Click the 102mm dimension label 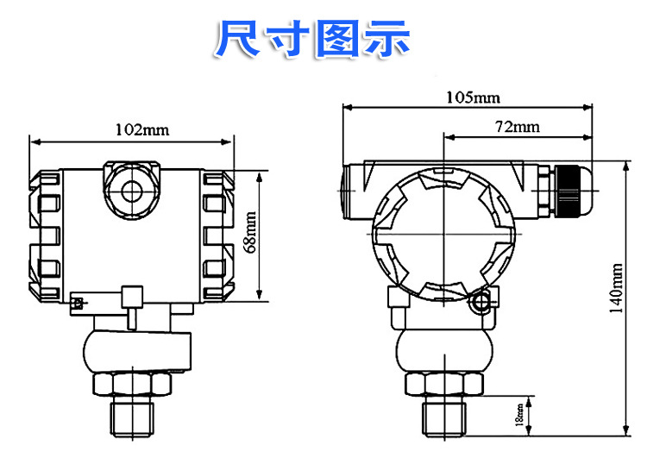[x=142, y=130]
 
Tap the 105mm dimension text [x=472, y=97]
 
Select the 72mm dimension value [x=517, y=127]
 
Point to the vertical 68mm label [x=251, y=234]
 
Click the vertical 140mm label [x=614, y=291]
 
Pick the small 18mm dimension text [x=518, y=415]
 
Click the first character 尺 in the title [x=239, y=40]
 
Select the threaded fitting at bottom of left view [x=132, y=416]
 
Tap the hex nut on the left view [x=132, y=384]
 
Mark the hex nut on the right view [x=443, y=384]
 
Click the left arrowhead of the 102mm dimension [x=33, y=141]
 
